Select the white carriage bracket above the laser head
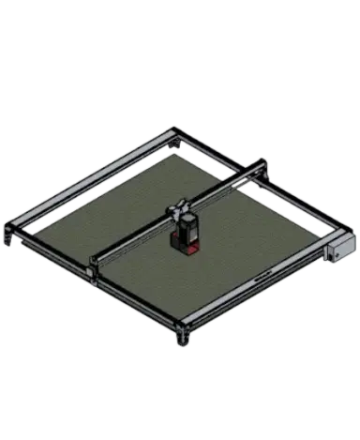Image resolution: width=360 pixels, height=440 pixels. click(178, 208)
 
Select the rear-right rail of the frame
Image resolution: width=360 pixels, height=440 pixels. click(262, 183)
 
